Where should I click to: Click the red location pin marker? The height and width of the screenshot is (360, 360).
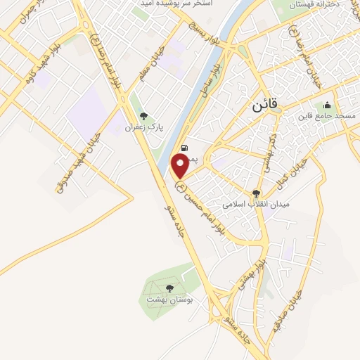(x=180, y=166)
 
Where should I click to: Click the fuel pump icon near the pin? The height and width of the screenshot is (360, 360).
(x=184, y=148)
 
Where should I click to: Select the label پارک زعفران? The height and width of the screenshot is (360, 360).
(x=143, y=128)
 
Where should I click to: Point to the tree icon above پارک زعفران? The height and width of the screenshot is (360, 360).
(x=144, y=117)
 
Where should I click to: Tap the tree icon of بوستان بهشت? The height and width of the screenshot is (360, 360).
(x=169, y=288)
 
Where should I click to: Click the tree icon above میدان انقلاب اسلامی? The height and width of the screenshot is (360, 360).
(x=256, y=193)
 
